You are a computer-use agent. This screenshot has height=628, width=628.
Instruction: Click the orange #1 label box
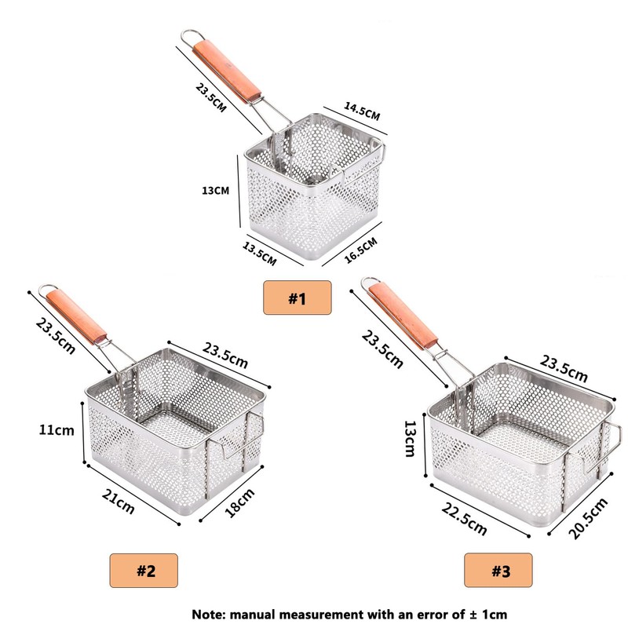pyautogui.click(x=298, y=298)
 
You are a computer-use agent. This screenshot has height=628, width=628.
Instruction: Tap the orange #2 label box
pyautogui.click(x=144, y=571)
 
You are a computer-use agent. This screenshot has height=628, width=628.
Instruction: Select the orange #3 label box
pyautogui.click(x=498, y=571)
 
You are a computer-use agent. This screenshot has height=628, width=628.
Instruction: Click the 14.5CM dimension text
pyautogui.click(x=362, y=111)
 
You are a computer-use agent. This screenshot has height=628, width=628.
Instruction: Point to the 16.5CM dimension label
pyautogui.click(x=360, y=250)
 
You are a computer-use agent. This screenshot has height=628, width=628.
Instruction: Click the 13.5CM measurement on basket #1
pyautogui.click(x=260, y=254)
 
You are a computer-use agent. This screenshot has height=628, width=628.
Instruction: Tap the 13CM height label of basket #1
pyautogui.click(x=215, y=190)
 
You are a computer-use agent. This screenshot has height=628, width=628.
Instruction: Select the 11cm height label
pyautogui.click(x=57, y=430)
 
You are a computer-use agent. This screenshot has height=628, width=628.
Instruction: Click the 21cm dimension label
pyautogui.click(x=119, y=502)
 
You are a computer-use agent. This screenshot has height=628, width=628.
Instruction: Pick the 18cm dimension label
pyautogui.click(x=239, y=502)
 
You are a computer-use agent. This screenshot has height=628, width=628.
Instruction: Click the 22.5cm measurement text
pyautogui.click(x=465, y=519)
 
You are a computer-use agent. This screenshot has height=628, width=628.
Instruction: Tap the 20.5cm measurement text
pyautogui.click(x=588, y=518)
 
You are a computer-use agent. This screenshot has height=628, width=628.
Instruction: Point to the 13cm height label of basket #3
pyautogui.click(x=410, y=439)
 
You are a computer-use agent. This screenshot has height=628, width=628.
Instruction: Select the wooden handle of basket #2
pyautogui.click(x=76, y=316)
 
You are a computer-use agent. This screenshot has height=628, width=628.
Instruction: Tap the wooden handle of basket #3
pyautogui.click(x=403, y=316)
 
